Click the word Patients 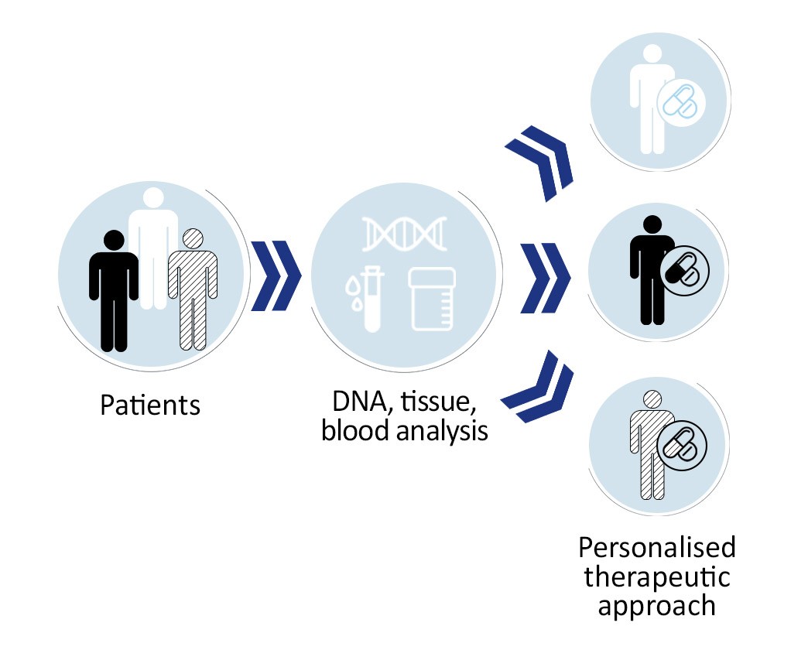[x=150, y=405]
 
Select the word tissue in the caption [x=438, y=402]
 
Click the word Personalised [x=657, y=547]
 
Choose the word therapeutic [x=657, y=576]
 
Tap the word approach [x=657, y=606]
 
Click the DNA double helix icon [x=404, y=234]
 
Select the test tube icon [x=368, y=298]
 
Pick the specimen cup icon [x=432, y=299]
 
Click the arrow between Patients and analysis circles [x=276, y=275]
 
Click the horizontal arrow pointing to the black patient [x=545, y=278]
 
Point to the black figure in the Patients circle [x=113, y=291]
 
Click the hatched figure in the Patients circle [x=193, y=289]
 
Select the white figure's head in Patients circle [x=153, y=198]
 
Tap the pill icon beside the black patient [x=684, y=270]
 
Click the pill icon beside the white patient [x=681, y=101]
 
